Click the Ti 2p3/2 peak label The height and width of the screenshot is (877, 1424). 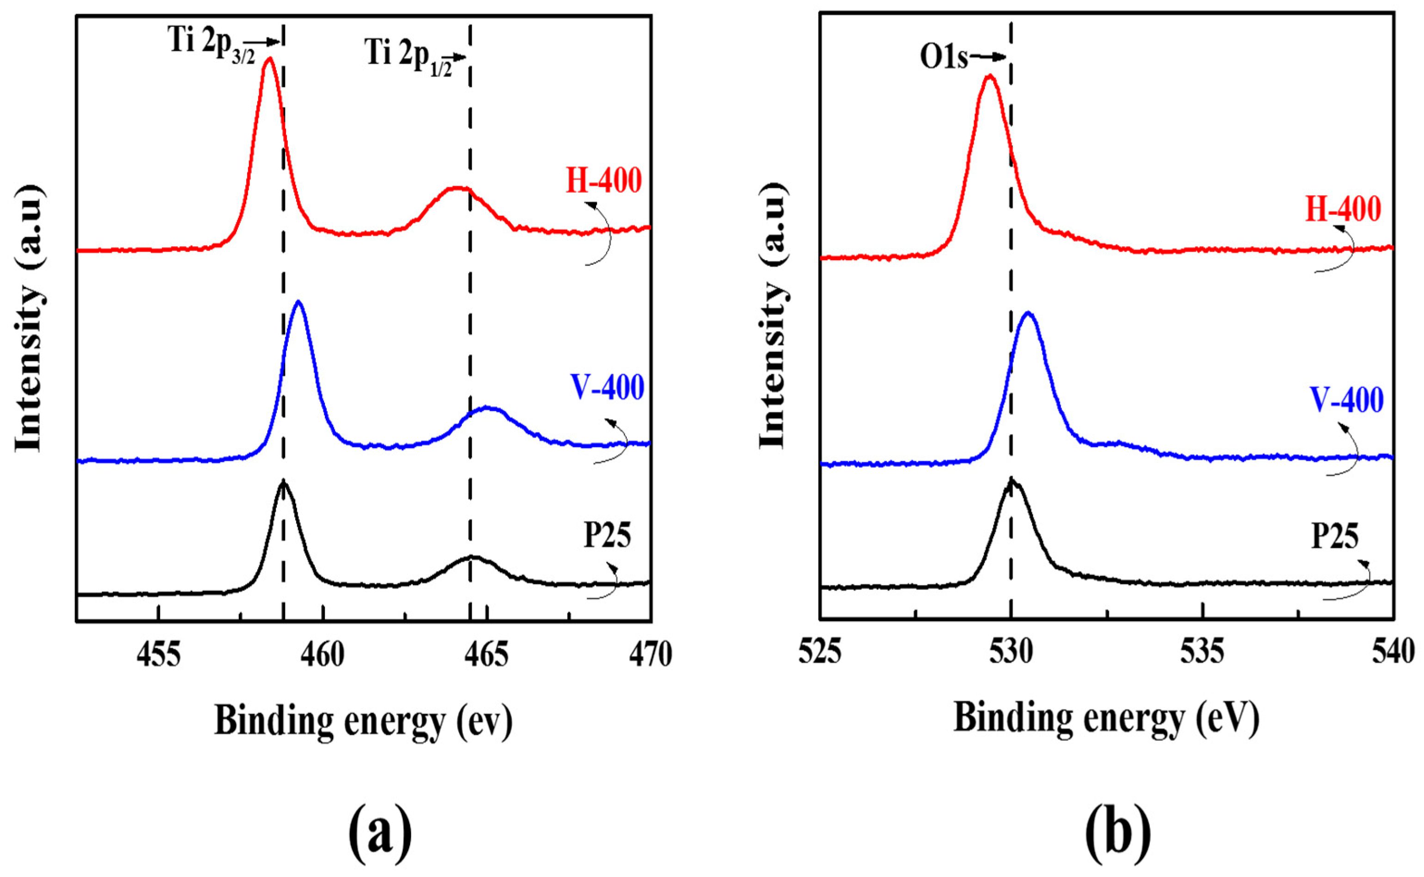[211, 44]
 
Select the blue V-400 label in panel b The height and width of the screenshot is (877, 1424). [1347, 400]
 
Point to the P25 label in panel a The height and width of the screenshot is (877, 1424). [607, 535]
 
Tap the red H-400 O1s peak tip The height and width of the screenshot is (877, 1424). [990, 75]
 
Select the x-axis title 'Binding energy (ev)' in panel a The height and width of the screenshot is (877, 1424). [364, 721]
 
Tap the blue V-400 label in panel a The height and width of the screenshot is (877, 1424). [607, 387]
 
